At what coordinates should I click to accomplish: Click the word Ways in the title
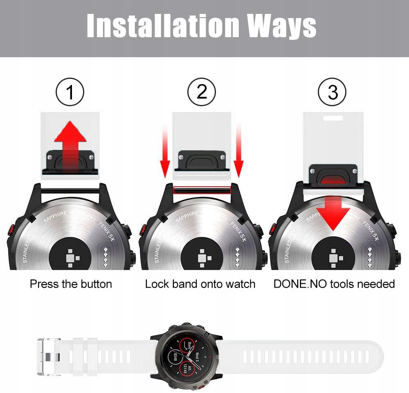tap(281, 26)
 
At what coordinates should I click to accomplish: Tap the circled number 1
tap(70, 92)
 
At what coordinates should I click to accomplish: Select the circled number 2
tap(202, 92)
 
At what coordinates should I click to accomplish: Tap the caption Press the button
tap(71, 284)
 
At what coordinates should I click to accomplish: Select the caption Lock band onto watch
tap(200, 284)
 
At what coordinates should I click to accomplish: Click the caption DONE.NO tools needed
tap(334, 284)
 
